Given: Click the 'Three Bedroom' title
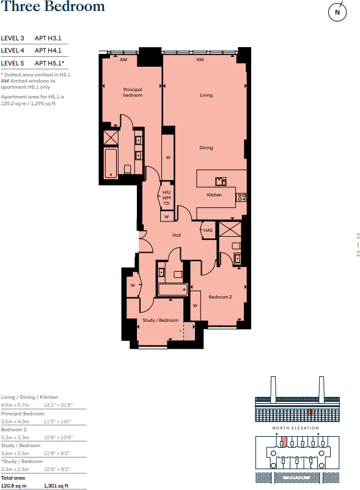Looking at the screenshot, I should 53,7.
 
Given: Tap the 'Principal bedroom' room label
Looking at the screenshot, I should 133,92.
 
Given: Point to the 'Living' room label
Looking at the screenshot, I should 206,95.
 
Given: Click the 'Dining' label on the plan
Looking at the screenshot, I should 206,148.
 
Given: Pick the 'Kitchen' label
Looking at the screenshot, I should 214,195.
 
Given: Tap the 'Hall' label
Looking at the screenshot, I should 177,236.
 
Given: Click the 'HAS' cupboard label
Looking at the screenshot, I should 208,230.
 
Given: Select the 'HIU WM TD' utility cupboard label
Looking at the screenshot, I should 166,198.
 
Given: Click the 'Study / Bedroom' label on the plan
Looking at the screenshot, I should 161,320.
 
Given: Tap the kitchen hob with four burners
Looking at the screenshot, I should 241,196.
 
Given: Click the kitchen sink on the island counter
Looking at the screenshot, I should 220,180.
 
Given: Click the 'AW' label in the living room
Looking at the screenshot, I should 200,60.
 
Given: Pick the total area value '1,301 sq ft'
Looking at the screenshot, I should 57,485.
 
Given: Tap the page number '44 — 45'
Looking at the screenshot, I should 358,245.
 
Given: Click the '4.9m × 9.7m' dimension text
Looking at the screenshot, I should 15,405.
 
